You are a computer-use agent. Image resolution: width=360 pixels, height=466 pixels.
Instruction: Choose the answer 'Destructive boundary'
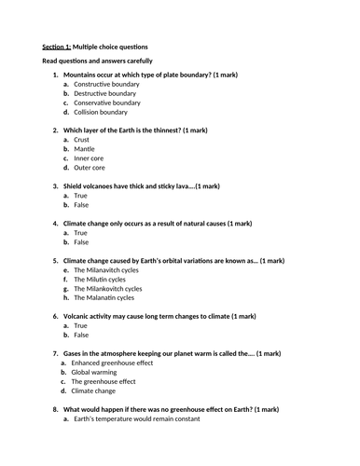(x=104, y=93)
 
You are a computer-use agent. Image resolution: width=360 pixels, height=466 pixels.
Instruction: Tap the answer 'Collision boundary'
(x=101, y=112)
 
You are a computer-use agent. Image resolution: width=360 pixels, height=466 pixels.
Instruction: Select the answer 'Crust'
(x=81, y=140)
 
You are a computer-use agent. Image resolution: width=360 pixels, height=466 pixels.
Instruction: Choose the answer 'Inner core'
(x=88, y=158)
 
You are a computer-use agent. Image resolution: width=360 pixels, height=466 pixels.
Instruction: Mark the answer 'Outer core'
(x=89, y=168)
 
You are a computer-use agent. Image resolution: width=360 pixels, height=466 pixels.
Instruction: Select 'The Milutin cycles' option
(x=100, y=280)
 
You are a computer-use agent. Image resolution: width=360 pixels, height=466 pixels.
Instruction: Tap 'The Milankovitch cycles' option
(x=108, y=289)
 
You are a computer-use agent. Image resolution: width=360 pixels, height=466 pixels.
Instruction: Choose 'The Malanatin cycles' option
(x=104, y=298)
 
